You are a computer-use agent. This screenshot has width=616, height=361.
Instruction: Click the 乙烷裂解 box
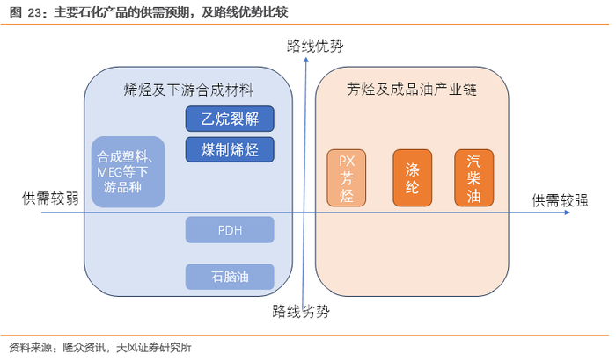[x=230, y=119]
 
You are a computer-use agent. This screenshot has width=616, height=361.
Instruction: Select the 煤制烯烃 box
[x=230, y=148]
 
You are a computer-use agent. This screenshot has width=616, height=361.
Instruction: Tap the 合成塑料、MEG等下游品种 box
[x=128, y=172]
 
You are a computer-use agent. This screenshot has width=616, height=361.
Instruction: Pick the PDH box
[x=230, y=230]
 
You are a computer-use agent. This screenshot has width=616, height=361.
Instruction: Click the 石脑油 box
[x=230, y=277]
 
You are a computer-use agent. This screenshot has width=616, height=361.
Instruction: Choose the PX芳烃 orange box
[x=346, y=177]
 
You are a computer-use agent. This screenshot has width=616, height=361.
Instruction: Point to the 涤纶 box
[x=412, y=177]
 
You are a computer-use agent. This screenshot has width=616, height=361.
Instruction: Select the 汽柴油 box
[x=473, y=177]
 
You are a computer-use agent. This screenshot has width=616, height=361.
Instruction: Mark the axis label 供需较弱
[x=50, y=198]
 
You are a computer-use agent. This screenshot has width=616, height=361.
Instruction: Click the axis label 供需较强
[x=559, y=199]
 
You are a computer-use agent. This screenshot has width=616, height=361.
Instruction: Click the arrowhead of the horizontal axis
[x=521, y=212]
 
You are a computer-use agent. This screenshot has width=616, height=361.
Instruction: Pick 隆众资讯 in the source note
[x=83, y=346]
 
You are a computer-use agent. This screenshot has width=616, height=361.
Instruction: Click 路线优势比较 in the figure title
[x=253, y=11]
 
